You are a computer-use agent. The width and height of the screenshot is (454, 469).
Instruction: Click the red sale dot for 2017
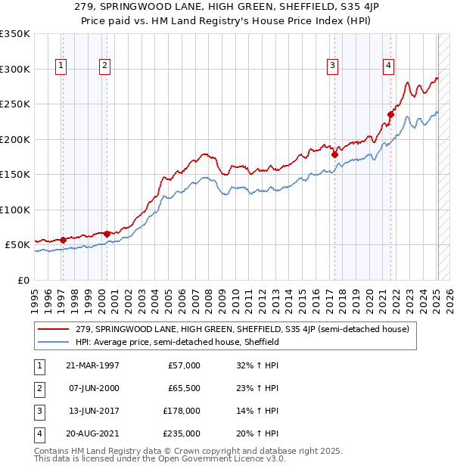point(334,154)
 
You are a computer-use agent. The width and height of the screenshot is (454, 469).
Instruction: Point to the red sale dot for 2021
point(390,115)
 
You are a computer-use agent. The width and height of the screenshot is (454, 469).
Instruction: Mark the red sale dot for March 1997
point(64,240)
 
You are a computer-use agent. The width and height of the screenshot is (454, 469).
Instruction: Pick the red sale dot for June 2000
point(107,234)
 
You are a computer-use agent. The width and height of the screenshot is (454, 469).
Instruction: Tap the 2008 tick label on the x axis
point(209,299)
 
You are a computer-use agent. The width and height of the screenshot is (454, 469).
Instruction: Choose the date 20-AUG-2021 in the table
point(93,433)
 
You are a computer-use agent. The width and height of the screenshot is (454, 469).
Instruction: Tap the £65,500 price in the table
point(183,388)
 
